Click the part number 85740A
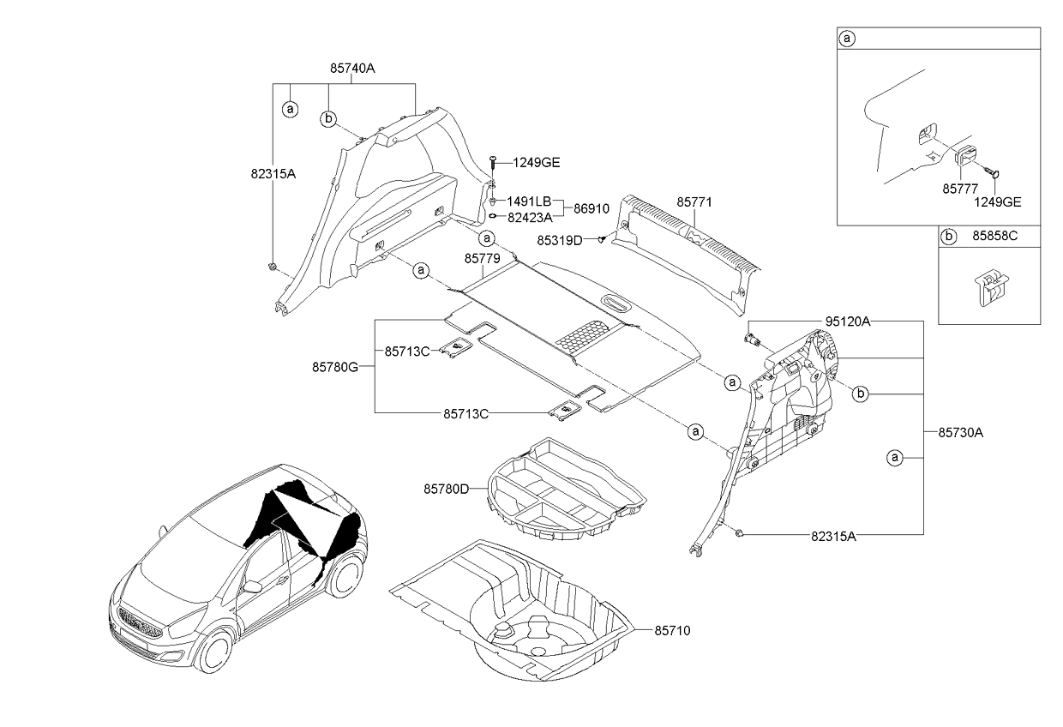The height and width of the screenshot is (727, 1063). pos(352,67)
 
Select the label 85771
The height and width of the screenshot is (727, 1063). pos(694,202)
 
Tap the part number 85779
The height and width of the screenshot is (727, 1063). pos(483,258)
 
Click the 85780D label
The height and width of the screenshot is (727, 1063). pos(446,489)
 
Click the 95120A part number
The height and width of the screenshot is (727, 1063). pos(848,321)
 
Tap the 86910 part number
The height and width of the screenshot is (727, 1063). pos(592,208)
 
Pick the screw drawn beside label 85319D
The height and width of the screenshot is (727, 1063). pos(602,240)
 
